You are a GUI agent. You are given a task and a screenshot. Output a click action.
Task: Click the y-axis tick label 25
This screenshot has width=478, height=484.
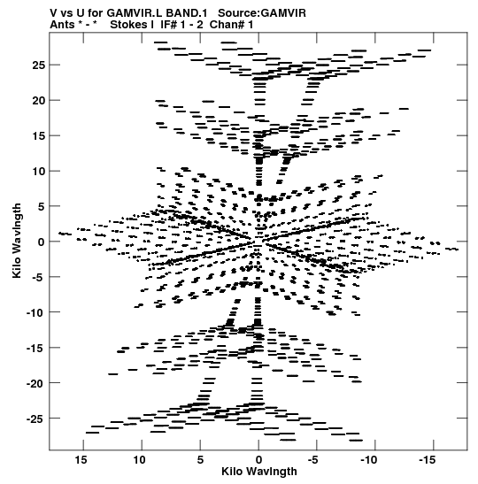pos(39,65)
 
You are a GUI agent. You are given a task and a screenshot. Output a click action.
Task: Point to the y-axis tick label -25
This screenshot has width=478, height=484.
pos(35,419)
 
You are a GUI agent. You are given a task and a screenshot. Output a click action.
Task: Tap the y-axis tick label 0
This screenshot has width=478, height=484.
pos(41,242)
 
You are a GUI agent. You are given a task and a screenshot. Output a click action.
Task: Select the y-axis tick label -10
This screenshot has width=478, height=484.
pos(35,312)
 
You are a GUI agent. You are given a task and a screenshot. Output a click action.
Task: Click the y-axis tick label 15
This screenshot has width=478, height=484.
pos(39,135)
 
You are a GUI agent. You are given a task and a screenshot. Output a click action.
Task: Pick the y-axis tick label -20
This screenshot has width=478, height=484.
pos(35,383)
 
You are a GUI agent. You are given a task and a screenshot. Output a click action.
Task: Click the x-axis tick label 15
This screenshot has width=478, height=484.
pos(81,460)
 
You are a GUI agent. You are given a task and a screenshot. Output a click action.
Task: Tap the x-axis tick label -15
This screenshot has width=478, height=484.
pos(428,460)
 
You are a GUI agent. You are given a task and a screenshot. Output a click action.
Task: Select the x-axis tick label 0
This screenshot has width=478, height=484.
pos(258,460)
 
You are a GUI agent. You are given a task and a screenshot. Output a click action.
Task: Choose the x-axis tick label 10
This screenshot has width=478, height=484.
pos(139,460)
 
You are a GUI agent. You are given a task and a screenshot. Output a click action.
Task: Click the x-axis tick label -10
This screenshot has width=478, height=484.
pos(369,460)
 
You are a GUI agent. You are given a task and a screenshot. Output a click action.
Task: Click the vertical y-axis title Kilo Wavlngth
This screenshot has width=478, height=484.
pos(17,241)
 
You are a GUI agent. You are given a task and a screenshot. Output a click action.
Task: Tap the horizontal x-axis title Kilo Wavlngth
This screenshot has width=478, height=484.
pos(259,472)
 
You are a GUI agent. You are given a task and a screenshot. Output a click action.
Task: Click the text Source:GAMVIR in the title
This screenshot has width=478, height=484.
pos(262,13)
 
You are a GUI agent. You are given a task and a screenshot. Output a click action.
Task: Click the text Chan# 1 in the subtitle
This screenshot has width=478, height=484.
pos(231,25)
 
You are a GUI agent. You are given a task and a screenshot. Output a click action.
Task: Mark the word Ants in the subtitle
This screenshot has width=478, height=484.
pos(62,25)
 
